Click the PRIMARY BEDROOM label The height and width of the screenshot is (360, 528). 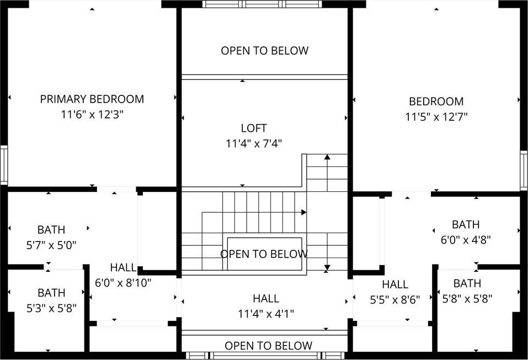click(92, 99)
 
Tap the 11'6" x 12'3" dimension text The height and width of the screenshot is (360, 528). click(92, 114)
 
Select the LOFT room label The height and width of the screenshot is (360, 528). click(254, 128)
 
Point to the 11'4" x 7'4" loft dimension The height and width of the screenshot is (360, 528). click(254, 144)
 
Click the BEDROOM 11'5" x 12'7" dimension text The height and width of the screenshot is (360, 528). click(436, 117)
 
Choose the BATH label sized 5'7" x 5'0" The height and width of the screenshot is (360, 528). click(51, 230)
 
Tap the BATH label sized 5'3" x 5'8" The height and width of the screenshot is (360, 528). click(51, 293)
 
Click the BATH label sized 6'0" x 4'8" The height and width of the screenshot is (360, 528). click(466, 224)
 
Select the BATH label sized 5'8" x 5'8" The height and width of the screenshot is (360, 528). click(467, 283)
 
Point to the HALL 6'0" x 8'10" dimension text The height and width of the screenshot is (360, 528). click(123, 283)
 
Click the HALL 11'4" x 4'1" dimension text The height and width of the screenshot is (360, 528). click(266, 314)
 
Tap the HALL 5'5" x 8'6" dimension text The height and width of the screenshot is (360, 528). click(395, 299)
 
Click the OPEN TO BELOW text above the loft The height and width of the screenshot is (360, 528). click(265, 51)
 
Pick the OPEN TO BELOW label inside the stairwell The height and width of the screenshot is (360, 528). click(264, 254)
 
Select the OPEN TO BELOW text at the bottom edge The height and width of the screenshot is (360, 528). click(268, 346)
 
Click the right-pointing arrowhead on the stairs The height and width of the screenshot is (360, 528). click(304, 212)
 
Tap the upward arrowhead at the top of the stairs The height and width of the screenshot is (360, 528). click(327, 157)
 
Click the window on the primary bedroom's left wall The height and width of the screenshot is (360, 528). click(4, 165)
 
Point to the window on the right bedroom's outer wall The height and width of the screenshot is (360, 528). click(524, 170)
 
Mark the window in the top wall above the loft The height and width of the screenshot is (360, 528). click(262, 4)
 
